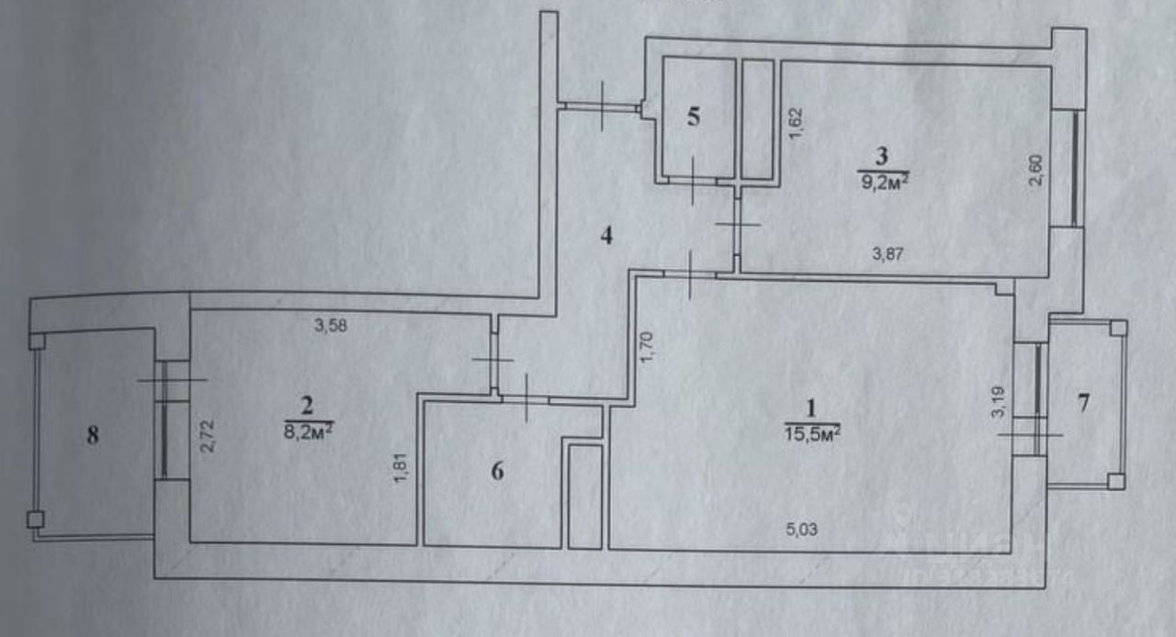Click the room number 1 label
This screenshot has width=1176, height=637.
[x=809, y=408]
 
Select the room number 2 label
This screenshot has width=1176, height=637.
[x=308, y=404]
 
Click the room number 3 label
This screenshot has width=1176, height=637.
[x=883, y=155]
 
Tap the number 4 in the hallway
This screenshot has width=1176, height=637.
[x=606, y=236]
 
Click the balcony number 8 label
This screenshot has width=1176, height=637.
[x=92, y=435]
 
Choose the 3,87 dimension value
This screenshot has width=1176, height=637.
[x=888, y=255]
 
